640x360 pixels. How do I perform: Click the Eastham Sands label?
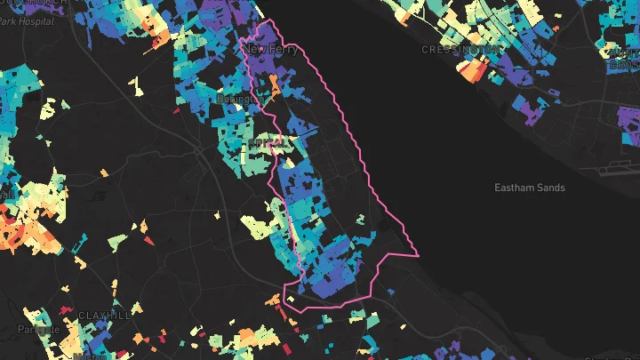coord(530,188)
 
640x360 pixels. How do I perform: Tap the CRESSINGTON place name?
coord(460,50)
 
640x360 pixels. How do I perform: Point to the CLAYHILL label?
coord(105,316)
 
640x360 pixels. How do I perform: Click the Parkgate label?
coord(38,329)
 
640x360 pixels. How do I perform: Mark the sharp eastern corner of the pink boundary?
coord(418,254)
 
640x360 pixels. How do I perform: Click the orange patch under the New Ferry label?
coord(274,86)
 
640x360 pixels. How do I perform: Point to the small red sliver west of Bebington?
coord(176,111)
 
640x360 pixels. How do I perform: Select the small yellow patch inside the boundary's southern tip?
coord(289,300)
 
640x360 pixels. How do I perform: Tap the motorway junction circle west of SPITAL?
coord(197,151)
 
